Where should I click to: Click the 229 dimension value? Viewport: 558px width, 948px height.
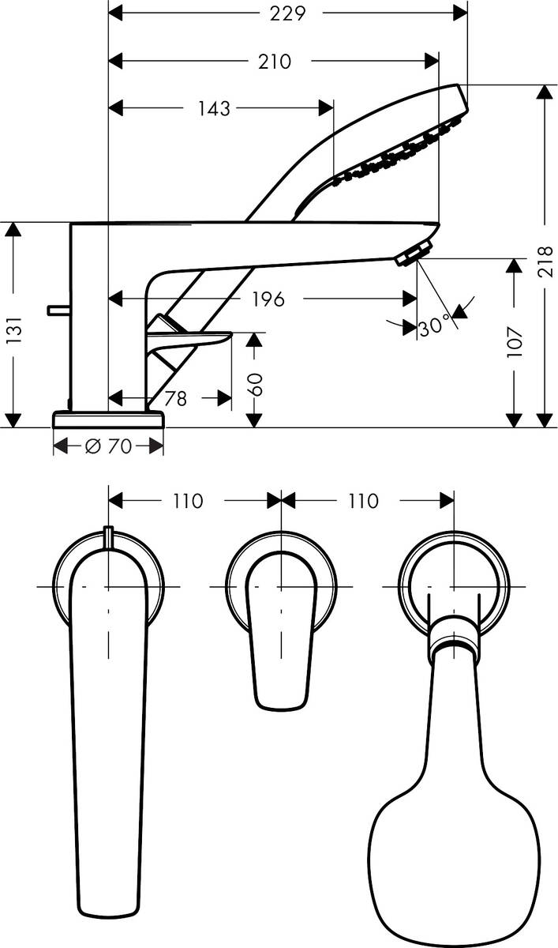click(x=287, y=13)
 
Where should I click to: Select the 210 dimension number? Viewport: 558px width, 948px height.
click(x=274, y=61)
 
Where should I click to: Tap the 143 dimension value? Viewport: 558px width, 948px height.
click(x=213, y=108)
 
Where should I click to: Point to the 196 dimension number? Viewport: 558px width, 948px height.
click(x=268, y=299)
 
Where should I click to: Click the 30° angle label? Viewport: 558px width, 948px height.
click(x=434, y=325)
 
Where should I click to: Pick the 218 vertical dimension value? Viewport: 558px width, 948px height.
click(x=545, y=261)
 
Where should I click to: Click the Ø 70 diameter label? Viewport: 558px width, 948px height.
click(x=108, y=447)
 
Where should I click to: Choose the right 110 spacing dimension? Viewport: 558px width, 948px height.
click(x=361, y=501)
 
